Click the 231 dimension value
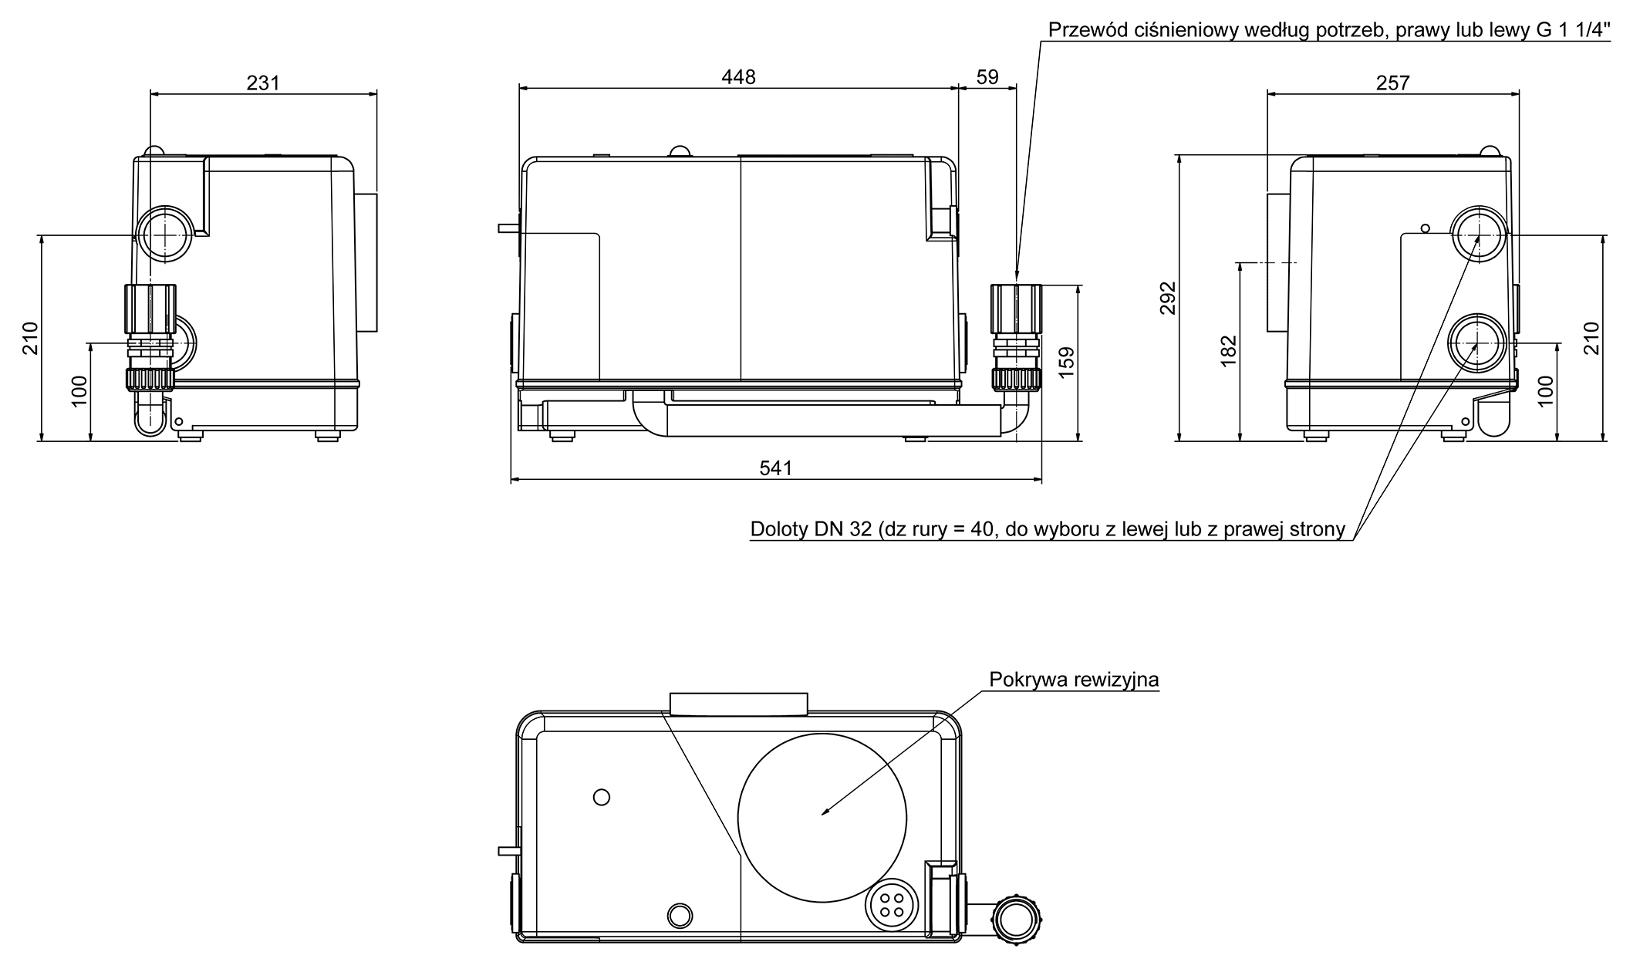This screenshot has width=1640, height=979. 263,83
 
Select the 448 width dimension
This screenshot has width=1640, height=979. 738,77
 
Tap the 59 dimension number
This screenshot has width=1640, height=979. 987,77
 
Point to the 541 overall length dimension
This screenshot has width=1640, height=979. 775,468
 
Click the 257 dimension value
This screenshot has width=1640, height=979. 1392,83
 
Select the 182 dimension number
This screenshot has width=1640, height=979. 1229,351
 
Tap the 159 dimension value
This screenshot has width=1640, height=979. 1067,363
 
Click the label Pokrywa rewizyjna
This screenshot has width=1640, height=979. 1074,680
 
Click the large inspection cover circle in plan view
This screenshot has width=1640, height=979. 822,819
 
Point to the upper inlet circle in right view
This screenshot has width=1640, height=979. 1477,234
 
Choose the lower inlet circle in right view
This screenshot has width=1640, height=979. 1476,343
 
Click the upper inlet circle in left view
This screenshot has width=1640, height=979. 166,234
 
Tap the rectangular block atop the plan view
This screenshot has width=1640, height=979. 738,704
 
